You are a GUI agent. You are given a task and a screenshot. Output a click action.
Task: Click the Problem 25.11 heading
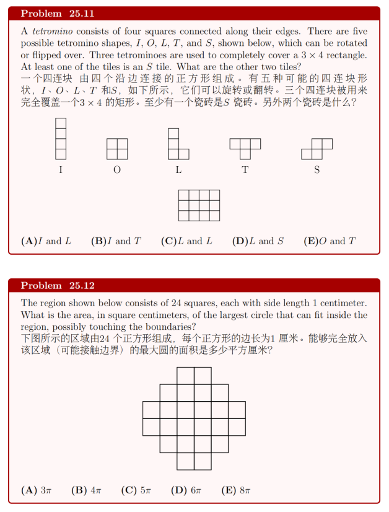point(57,14)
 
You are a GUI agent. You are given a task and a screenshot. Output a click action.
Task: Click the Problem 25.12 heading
point(57,286)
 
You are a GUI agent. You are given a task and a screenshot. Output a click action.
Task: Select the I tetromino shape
point(60,139)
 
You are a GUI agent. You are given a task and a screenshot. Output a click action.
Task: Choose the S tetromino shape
point(317,148)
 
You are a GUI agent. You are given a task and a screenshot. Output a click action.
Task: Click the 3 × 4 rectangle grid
point(199,205)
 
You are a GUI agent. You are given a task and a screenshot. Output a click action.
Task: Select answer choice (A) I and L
point(46,241)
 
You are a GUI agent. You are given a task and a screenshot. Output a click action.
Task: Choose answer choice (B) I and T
point(116,241)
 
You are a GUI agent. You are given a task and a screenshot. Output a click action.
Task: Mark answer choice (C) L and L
point(186,241)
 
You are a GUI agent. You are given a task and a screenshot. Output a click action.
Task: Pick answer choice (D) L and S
point(258,241)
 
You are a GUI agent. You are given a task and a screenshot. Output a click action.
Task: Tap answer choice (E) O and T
point(330,241)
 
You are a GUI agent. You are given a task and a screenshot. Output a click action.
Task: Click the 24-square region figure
point(194,418)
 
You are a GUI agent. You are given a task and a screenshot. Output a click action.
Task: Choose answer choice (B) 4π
point(86,490)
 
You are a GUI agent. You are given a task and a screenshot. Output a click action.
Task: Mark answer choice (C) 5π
point(136,490)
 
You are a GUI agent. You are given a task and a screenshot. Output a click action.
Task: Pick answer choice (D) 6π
point(186,490)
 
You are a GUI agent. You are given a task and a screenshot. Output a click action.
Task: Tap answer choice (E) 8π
point(236,490)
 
